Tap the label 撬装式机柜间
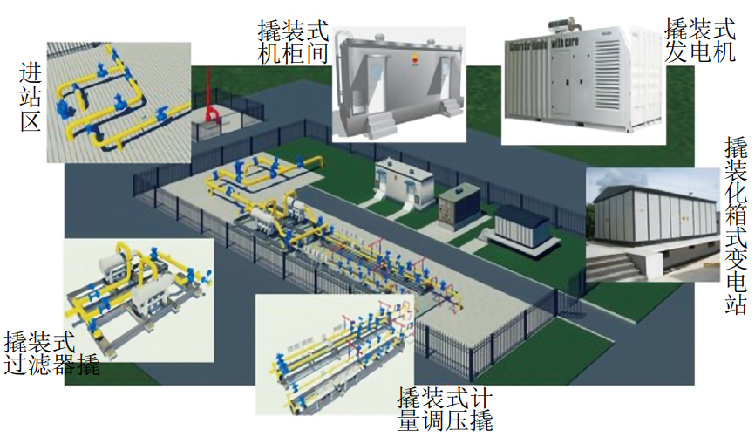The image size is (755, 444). [x=294, y=42]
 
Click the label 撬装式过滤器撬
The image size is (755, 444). [x=51, y=353]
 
